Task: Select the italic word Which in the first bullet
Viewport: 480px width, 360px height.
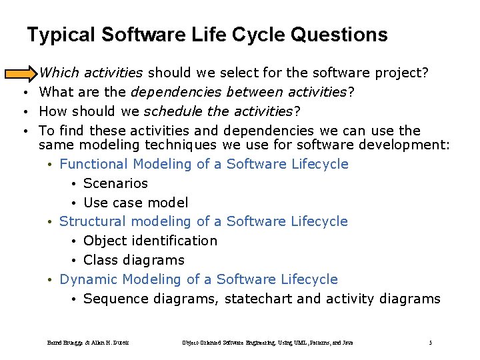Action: pyautogui.click(x=57, y=72)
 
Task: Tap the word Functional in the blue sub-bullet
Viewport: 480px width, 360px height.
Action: pyautogui.click(x=93, y=164)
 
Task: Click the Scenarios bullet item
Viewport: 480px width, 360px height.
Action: pyautogui.click(x=115, y=183)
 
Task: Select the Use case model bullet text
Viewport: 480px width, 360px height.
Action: pyautogui.click(x=135, y=203)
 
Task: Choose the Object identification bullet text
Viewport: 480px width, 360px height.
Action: pyautogui.click(x=150, y=241)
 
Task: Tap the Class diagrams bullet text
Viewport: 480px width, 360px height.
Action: pyautogui.click(x=133, y=260)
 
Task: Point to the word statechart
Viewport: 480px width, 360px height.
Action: pyautogui.click(x=259, y=299)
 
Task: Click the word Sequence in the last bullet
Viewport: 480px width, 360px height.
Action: pyautogui.click(x=116, y=299)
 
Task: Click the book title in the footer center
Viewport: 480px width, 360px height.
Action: pyautogui.click(x=267, y=343)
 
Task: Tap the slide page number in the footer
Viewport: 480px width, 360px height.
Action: pyautogui.click(x=430, y=343)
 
